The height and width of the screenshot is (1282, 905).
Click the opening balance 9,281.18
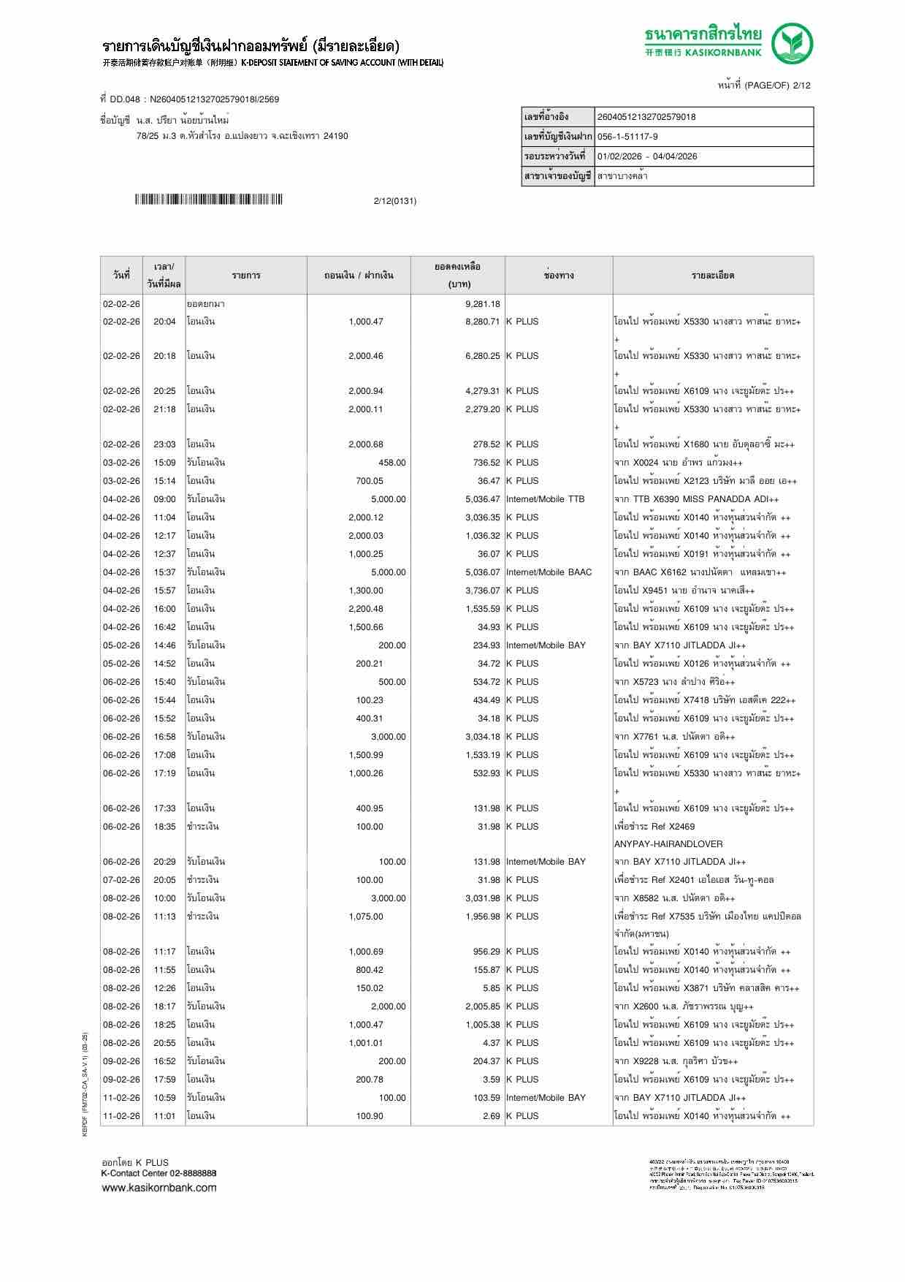482,304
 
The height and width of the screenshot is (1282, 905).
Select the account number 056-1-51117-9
627,137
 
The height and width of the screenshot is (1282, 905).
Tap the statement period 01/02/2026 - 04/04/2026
647,156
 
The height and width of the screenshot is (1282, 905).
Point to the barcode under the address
208,200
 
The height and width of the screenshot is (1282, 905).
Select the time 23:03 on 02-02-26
164,444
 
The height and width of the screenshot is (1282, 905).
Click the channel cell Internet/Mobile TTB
546,499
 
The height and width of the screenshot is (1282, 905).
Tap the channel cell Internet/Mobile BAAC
549,572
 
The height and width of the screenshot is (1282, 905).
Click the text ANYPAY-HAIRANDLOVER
668,844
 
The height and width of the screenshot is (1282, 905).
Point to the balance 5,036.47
482,499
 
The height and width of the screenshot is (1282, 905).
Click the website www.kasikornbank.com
159,1187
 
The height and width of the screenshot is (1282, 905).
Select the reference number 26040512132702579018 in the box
646,117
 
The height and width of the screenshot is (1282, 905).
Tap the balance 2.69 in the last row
491,1116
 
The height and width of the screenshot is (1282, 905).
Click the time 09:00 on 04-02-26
164,499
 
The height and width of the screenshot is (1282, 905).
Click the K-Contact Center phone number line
159,1173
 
